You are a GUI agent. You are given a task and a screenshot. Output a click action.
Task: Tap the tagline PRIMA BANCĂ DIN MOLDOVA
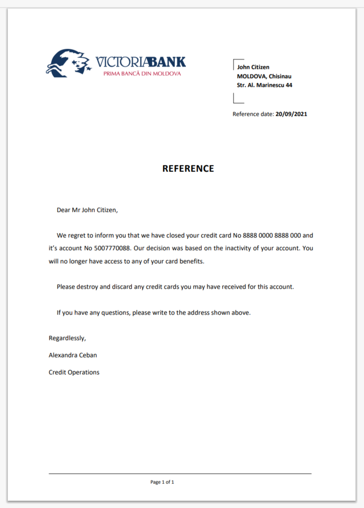(142, 74)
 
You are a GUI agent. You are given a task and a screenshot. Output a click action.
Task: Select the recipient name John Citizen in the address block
(253, 67)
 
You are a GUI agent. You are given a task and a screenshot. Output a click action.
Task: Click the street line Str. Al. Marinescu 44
(264, 85)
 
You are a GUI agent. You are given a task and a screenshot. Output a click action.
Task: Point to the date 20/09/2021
(291, 114)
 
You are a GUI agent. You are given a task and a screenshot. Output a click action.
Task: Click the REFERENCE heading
(188, 168)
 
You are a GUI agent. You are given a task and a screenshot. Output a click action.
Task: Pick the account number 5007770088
(112, 248)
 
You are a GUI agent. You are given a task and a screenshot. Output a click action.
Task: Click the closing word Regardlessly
(67, 338)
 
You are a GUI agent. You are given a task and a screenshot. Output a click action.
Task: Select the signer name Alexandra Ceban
(72, 355)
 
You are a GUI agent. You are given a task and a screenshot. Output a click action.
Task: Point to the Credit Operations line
(74, 372)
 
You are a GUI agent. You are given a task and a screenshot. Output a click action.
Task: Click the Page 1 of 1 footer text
(162, 482)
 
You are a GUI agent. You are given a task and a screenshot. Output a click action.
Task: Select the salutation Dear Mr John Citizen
(87, 210)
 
